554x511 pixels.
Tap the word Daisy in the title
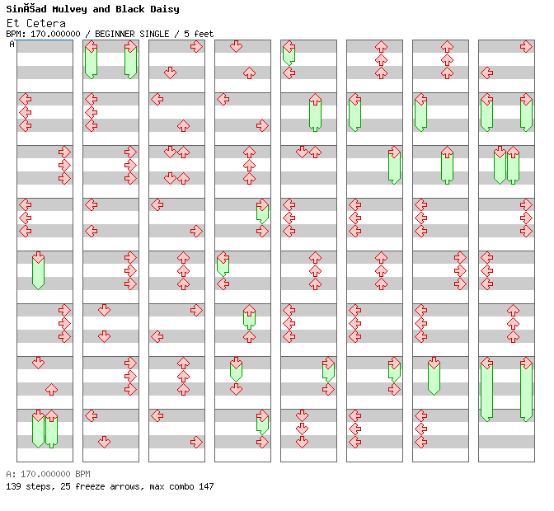click(x=162, y=9)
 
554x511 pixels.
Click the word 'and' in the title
click(x=101, y=9)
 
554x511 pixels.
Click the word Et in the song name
click(x=12, y=23)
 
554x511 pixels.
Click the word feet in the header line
click(x=203, y=34)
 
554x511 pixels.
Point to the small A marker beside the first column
click(x=12, y=45)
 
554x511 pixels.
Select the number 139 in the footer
click(x=13, y=486)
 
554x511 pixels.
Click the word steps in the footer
click(x=36, y=486)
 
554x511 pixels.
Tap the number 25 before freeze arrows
click(x=60, y=486)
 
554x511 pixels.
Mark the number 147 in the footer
click(x=205, y=486)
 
